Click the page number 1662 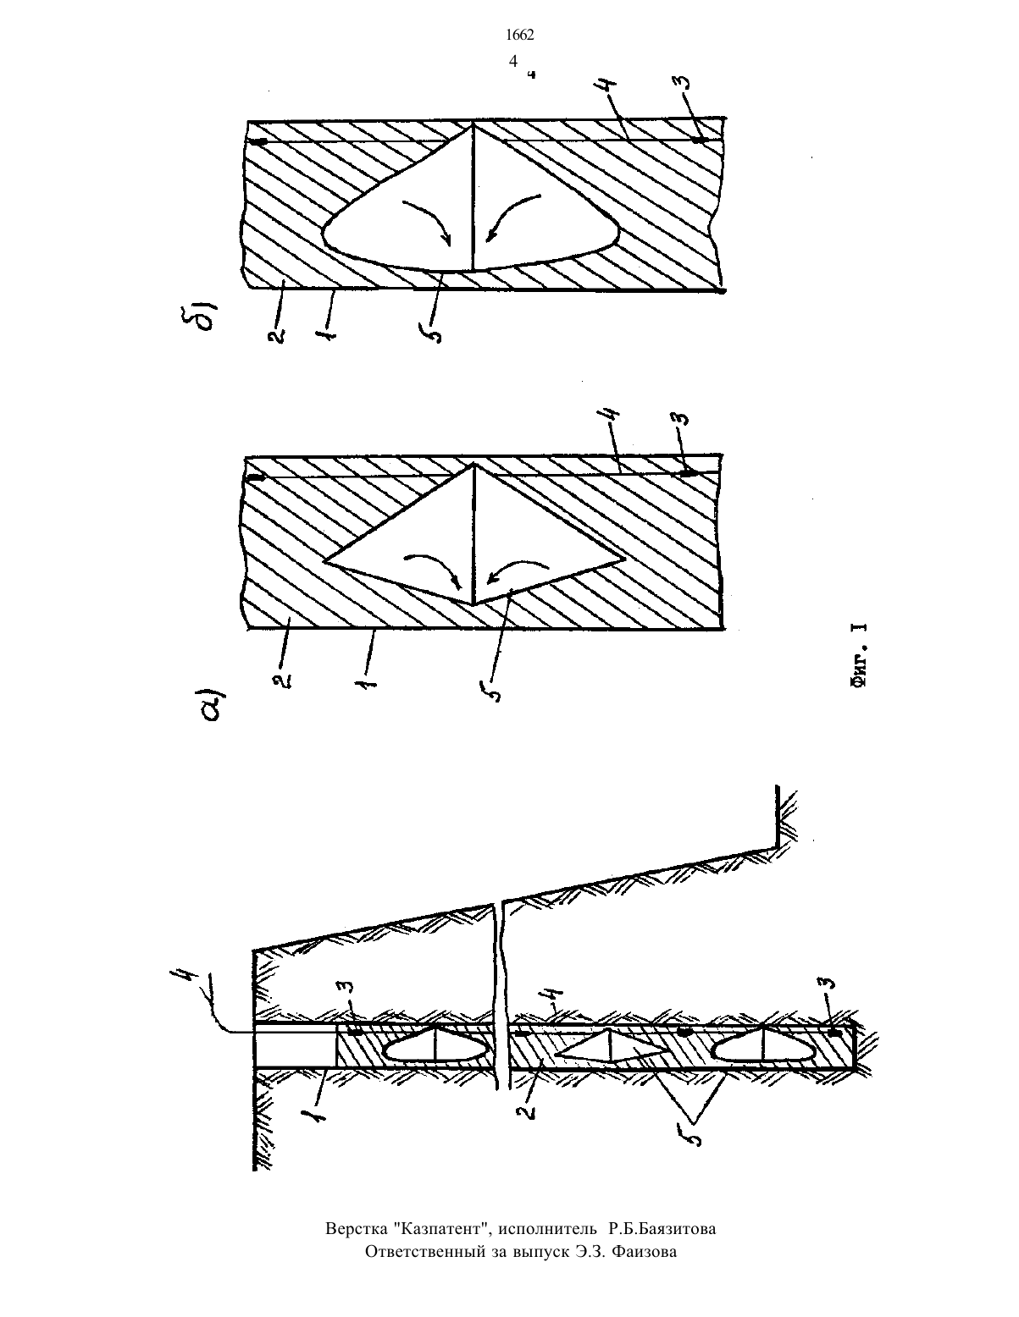coord(520,36)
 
